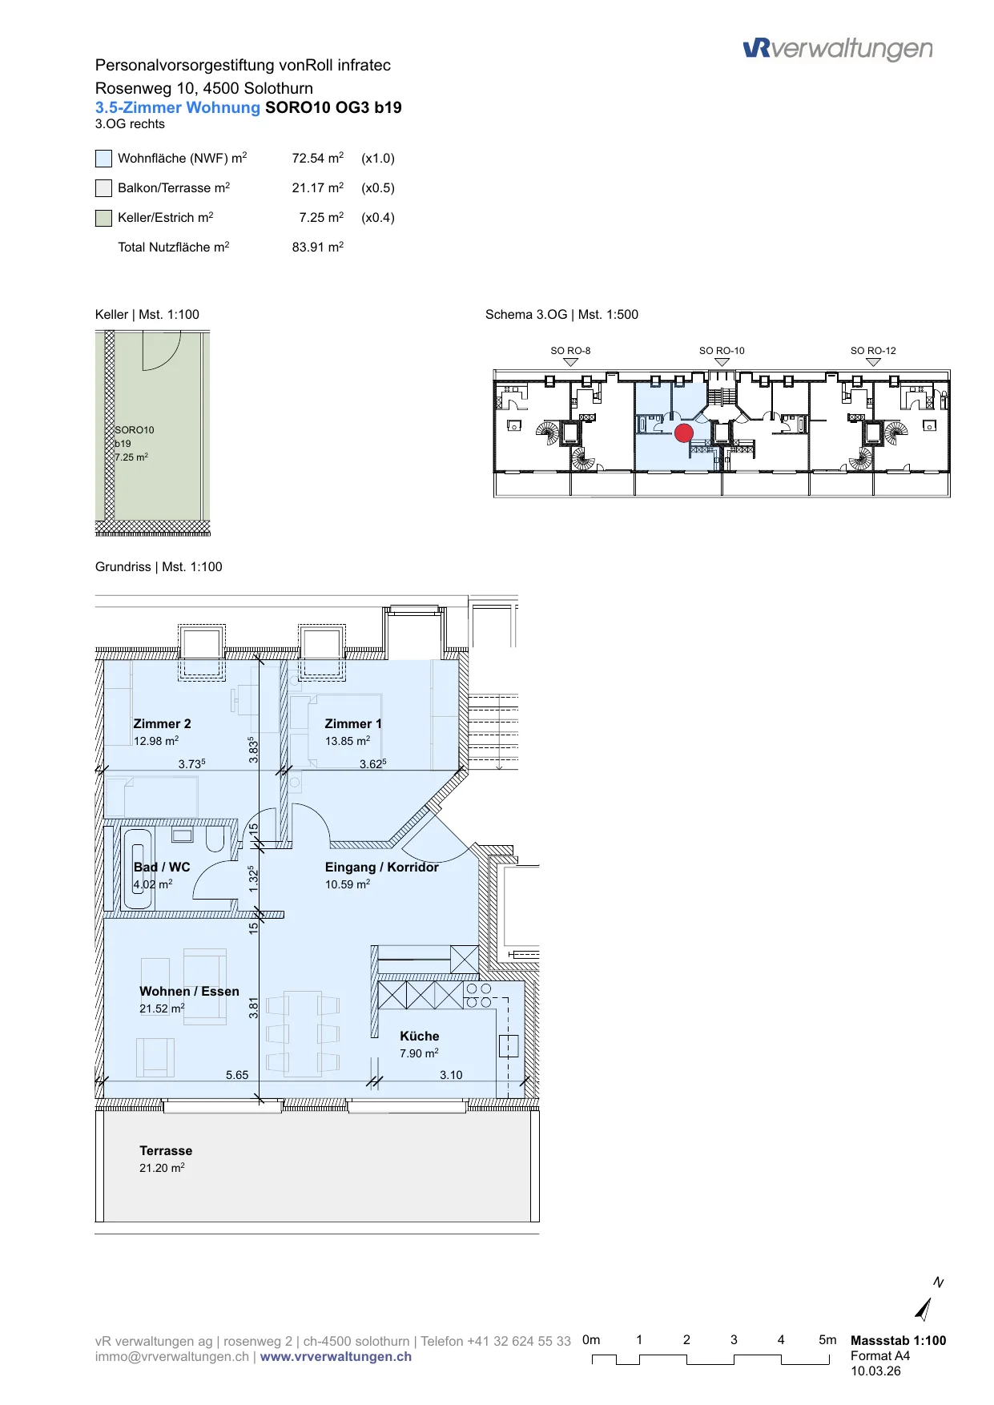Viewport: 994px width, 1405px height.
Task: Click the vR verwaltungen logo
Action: [x=838, y=50]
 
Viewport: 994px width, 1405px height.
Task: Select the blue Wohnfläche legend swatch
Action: [x=103, y=159]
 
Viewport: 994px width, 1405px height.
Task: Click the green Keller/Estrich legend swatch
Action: [x=103, y=218]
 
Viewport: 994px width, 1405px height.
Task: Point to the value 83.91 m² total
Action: [x=318, y=247]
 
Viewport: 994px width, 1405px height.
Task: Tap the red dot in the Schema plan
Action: [x=684, y=433]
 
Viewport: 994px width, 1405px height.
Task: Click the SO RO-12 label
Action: [x=873, y=351]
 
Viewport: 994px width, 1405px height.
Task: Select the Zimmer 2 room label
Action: [x=162, y=724]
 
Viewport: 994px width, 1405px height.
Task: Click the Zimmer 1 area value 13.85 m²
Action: [x=348, y=741]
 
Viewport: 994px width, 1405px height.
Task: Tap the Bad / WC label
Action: [x=162, y=867]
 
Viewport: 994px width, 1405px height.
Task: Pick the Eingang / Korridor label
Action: [x=382, y=867]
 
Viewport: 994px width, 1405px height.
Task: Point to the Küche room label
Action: [x=420, y=1036]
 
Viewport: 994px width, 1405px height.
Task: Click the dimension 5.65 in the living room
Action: [x=237, y=1075]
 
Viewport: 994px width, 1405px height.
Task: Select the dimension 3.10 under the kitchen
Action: [x=451, y=1075]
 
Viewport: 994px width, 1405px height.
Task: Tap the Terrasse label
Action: [x=166, y=1151]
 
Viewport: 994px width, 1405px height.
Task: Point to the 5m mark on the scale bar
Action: [x=827, y=1339]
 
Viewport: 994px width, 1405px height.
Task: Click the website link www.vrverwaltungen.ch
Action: [x=336, y=1357]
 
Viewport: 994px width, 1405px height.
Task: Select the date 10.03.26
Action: [x=875, y=1371]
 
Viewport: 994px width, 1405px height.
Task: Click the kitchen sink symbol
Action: [x=509, y=1046]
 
